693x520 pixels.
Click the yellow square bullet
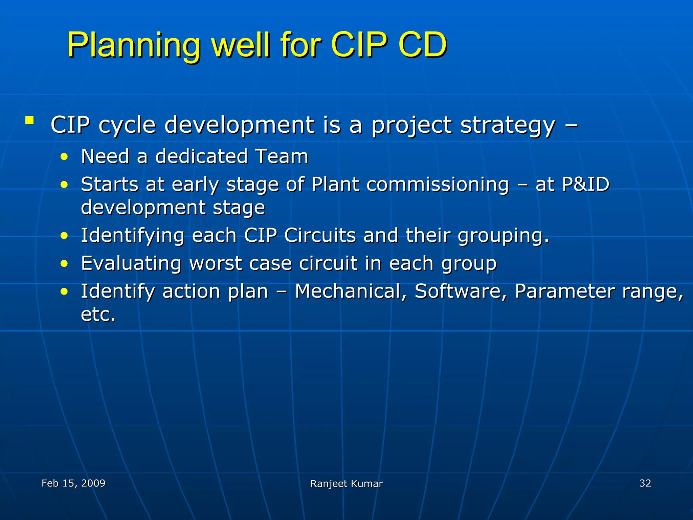click(x=29, y=120)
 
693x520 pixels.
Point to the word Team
click(x=282, y=156)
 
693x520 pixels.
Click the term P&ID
click(x=585, y=185)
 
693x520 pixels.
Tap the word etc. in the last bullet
click(x=98, y=315)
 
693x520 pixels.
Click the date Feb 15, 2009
click(x=73, y=483)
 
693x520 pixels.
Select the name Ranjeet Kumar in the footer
click(x=346, y=484)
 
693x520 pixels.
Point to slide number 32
click(x=645, y=483)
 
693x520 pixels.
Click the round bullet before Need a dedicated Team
click(x=64, y=157)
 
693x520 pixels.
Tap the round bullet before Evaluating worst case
click(x=64, y=264)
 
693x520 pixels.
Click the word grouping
click(x=503, y=236)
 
